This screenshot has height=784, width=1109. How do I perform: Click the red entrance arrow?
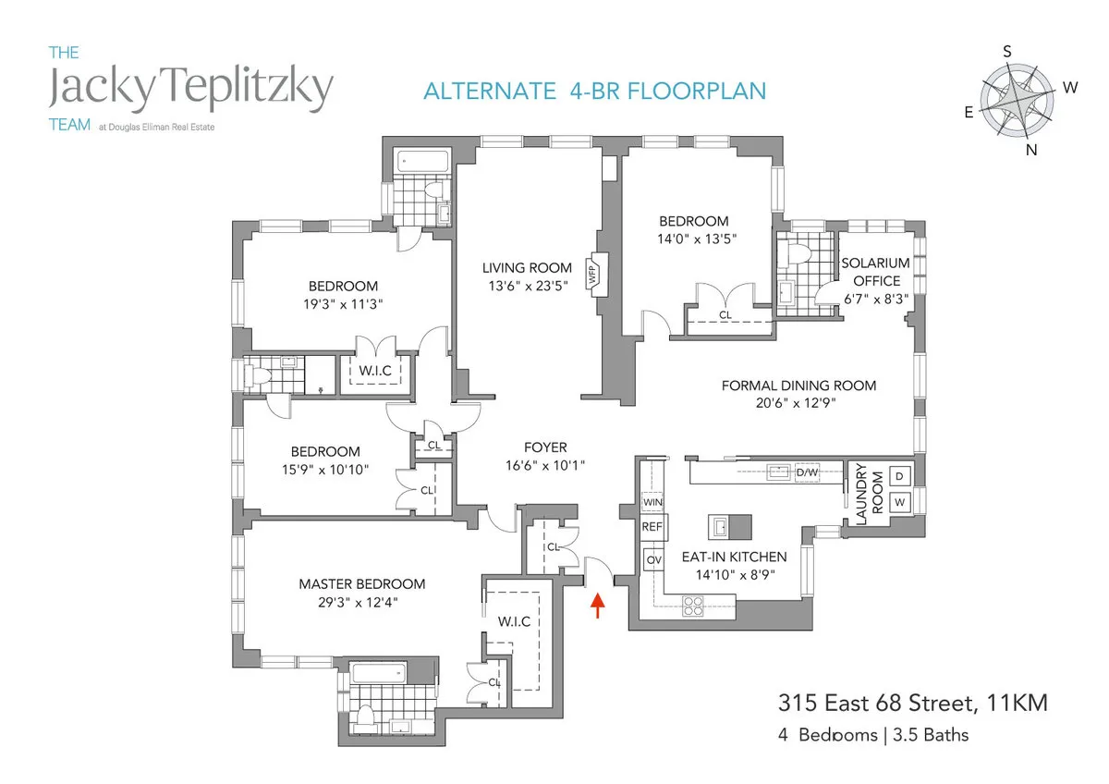pyautogui.click(x=598, y=606)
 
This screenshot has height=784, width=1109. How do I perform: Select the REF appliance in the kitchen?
pyautogui.click(x=653, y=526)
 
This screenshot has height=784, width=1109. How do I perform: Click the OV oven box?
pyautogui.click(x=653, y=559)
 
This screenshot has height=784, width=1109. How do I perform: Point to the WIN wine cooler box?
pyautogui.click(x=653, y=502)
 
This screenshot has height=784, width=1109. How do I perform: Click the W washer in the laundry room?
pyautogui.click(x=899, y=502)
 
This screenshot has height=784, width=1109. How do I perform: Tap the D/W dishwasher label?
pyautogui.click(x=807, y=473)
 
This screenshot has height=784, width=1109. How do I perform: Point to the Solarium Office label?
pyautogui.click(x=875, y=272)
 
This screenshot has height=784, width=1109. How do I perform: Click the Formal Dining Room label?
pyautogui.click(x=798, y=386)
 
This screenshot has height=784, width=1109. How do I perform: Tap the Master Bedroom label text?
pyautogui.click(x=361, y=584)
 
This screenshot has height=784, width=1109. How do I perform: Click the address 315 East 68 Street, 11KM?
pyautogui.click(x=912, y=705)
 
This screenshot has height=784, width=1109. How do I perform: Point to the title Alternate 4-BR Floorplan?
pyautogui.click(x=595, y=91)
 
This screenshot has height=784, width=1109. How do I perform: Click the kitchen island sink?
pyautogui.click(x=719, y=527)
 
